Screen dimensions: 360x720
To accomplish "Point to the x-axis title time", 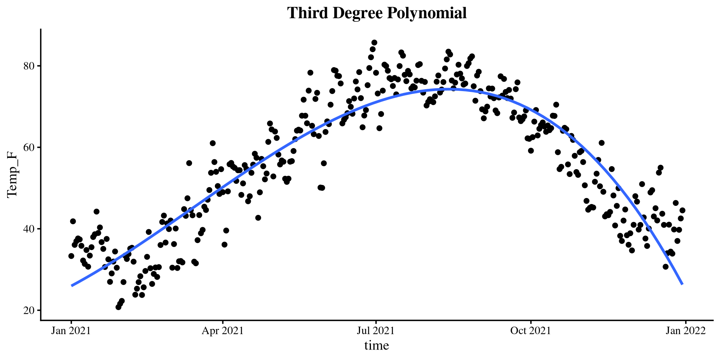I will (376, 345).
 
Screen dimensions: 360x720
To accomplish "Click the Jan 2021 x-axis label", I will (71, 331).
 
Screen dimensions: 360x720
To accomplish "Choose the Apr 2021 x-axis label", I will (223, 331).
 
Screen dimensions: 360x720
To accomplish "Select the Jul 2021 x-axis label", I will (376, 331).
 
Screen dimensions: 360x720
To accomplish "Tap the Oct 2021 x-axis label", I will (531, 331).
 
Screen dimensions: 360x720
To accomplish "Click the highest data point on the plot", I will (374, 42).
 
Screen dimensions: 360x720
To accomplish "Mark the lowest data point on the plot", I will (118, 307).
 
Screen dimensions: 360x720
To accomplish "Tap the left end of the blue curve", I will (72, 286).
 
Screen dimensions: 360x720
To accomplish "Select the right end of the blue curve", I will (682, 284).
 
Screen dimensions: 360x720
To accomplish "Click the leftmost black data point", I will (71, 256).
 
